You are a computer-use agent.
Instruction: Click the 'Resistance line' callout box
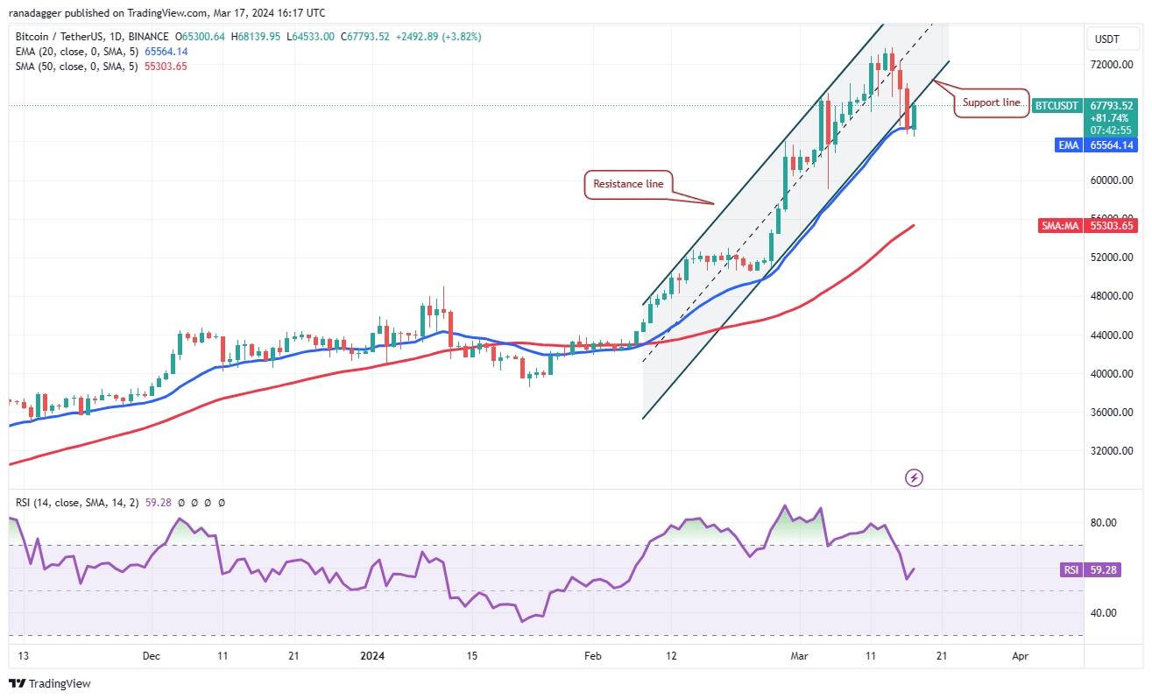pyautogui.click(x=628, y=184)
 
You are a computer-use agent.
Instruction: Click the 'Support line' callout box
pyautogui.click(x=991, y=102)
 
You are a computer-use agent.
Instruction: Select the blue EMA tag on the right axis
pyautogui.click(x=1068, y=145)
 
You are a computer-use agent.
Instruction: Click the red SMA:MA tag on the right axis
pyautogui.click(x=1059, y=226)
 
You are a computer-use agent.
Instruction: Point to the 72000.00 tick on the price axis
pyautogui.click(x=1110, y=65)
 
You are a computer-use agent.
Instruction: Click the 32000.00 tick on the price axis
pyautogui.click(x=1110, y=451)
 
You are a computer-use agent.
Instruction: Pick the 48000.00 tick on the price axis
pyautogui.click(x=1110, y=296)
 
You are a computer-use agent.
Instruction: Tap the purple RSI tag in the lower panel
pyautogui.click(x=1071, y=569)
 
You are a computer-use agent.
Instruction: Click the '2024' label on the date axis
pyautogui.click(x=372, y=655)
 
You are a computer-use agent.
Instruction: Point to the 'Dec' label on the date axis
pyautogui.click(x=151, y=655)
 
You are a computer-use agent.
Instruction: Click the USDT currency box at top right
pyautogui.click(x=1108, y=39)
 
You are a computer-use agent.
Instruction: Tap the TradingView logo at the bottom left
pyautogui.click(x=50, y=683)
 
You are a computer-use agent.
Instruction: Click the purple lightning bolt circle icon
pyautogui.click(x=914, y=477)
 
